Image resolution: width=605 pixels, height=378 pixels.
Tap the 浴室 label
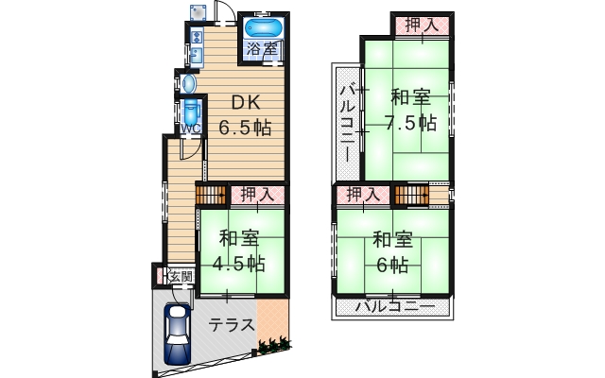262,48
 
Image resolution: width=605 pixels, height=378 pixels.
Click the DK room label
246,103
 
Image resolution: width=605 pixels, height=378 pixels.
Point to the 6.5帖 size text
245,127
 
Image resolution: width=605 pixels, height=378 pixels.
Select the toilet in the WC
191,112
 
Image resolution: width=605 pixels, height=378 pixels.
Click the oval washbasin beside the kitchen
189,83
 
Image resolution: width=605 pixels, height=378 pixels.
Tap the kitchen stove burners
198,38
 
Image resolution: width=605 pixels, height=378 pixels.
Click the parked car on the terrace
178,334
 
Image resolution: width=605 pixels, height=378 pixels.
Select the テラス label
232,325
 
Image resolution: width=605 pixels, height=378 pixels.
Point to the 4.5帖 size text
239,265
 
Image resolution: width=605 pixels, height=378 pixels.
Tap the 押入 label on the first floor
257,195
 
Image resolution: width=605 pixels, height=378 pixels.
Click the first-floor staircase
211,196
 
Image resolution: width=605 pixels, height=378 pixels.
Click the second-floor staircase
412,196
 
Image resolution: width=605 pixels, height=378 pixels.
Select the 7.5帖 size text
411,123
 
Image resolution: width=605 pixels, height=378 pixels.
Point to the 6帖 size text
392,265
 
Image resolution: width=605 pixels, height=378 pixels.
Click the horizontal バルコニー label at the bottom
395,307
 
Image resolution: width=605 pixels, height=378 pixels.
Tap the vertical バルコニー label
348,124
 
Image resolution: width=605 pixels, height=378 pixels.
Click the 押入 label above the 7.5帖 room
423,26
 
